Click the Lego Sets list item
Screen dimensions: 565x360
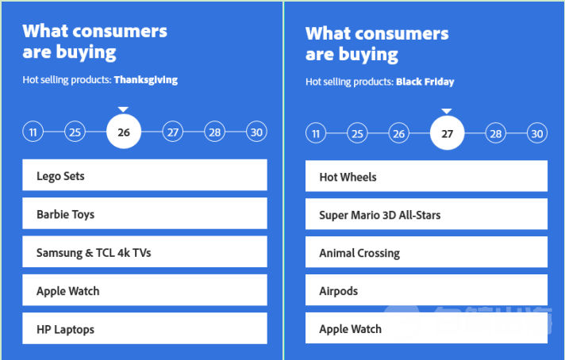point(144,175)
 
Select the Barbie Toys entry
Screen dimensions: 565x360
point(144,213)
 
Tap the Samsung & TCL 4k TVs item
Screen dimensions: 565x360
point(144,251)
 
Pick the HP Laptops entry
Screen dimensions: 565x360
point(144,328)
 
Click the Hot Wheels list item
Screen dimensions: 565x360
point(426,176)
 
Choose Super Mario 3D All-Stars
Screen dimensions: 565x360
point(426,214)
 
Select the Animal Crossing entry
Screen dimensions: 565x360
point(426,252)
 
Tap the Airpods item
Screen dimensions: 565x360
point(426,289)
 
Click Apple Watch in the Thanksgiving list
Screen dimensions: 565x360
point(144,289)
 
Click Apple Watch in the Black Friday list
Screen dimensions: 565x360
point(426,328)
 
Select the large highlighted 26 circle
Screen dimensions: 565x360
point(124,132)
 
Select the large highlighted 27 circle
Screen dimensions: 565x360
point(448,133)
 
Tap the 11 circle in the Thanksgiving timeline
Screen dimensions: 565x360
point(33,132)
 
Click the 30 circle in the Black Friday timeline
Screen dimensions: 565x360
point(537,133)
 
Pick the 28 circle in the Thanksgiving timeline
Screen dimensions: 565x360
point(215,132)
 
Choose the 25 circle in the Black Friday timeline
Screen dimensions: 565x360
point(357,133)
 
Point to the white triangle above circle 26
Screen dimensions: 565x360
point(123,109)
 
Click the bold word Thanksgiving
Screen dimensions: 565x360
point(146,80)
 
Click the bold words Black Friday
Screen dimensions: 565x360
point(425,82)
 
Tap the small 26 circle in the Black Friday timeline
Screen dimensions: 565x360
point(399,133)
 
